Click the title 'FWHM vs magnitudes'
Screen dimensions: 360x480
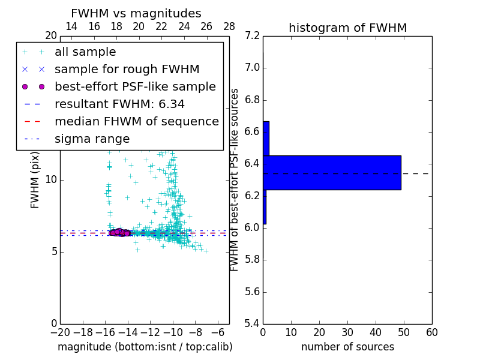click(x=136, y=14)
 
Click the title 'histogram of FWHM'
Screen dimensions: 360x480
click(x=347, y=28)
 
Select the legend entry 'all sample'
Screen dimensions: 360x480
click(x=85, y=52)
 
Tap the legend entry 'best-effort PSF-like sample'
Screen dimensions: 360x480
click(x=135, y=86)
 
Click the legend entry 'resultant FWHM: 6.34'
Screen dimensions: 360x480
click(x=119, y=104)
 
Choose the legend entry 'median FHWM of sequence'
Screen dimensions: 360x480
click(x=136, y=121)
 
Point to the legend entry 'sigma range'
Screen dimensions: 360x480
click(x=92, y=139)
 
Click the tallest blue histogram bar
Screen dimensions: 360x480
click(x=332, y=173)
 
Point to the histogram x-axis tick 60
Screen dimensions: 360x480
click(x=431, y=332)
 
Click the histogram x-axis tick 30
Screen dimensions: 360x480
click(x=347, y=332)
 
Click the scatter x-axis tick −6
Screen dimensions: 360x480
click(x=218, y=332)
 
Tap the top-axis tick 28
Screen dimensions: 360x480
click(x=229, y=26)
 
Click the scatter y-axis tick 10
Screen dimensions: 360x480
click(x=50, y=180)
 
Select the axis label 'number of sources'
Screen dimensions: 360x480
click(x=347, y=347)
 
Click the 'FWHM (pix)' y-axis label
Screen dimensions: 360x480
click(x=35, y=179)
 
